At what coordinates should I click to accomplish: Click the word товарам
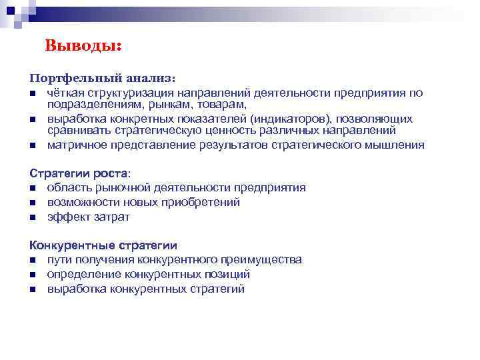[223, 105]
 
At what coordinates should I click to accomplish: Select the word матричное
[75, 145]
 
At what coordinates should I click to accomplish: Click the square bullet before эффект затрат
[32, 217]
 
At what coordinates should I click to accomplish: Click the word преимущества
[263, 259]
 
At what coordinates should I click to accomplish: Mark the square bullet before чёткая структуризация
[32, 93]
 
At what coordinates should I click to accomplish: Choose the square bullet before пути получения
[32, 260]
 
